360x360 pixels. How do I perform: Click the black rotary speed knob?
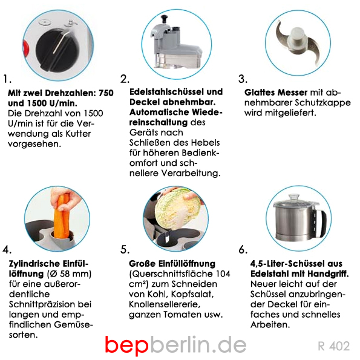click(57, 49)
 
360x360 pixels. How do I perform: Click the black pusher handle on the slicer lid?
click(165, 19)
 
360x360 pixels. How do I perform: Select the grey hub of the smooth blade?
click(297, 39)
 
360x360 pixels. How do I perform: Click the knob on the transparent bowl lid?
click(294, 197)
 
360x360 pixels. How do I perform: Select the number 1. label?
click(7, 79)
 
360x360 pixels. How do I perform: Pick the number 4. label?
click(7, 249)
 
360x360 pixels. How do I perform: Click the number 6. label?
click(243, 249)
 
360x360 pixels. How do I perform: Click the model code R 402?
click(334, 346)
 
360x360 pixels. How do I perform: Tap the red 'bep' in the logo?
click(126, 345)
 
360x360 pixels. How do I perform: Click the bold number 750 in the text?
click(106, 93)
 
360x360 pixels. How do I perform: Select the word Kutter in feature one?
click(78, 134)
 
